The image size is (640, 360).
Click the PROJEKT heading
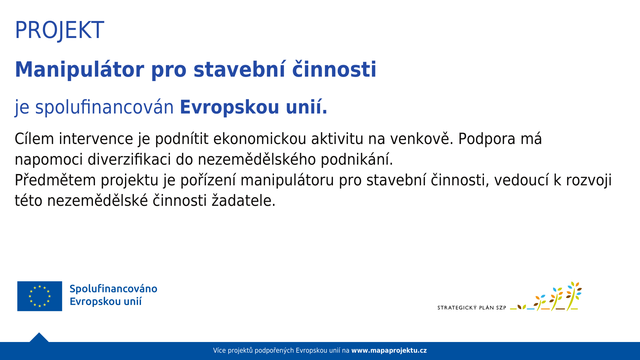(x=59, y=30)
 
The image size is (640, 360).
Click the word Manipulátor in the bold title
(x=79, y=70)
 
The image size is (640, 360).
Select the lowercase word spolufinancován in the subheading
(x=104, y=107)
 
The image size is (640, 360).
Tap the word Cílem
(x=34, y=139)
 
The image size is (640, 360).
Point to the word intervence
(x=96, y=139)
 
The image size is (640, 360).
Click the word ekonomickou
(x=260, y=139)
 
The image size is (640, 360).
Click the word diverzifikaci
(x=129, y=159)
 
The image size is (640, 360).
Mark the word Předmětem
(x=55, y=180)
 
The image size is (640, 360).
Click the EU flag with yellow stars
(x=40, y=296)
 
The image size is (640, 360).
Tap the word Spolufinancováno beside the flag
(x=113, y=289)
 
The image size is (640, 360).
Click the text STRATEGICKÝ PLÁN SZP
(x=472, y=308)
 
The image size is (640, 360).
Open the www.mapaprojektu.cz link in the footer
(x=389, y=350)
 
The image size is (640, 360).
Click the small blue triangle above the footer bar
(x=39, y=338)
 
